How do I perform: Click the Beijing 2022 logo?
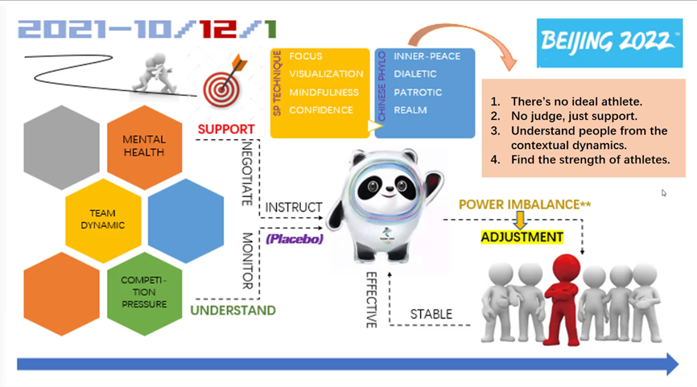(x=609, y=43)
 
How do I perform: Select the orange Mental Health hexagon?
(x=144, y=146)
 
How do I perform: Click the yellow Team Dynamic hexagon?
(x=103, y=220)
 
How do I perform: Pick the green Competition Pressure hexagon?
(x=144, y=293)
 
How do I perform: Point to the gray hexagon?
(x=61, y=147)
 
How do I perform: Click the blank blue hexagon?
(x=186, y=220)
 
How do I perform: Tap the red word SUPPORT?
(x=226, y=130)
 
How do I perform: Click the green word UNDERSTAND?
(x=233, y=310)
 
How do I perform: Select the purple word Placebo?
(x=295, y=239)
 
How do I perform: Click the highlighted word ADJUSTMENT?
(x=522, y=237)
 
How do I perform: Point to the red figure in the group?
(x=564, y=300)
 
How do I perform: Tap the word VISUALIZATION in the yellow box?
(x=326, y=74)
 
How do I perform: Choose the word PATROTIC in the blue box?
(x=418, y=93)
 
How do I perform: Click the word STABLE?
(x=431, y=314)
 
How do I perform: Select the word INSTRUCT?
(x=294, y=207)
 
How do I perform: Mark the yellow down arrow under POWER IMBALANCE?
(x=520, y=220)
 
